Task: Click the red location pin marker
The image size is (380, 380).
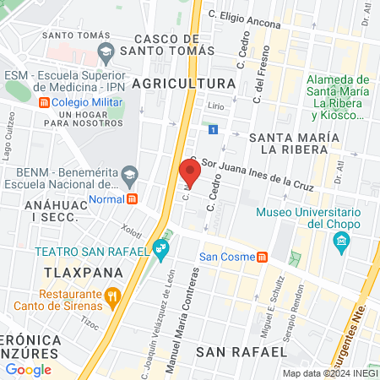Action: [x=191, y=173]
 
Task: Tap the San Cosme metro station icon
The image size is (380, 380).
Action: [x=263, y=257]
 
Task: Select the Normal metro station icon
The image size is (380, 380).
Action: [x=132, y=199]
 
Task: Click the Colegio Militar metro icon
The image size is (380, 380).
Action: [x=44, y=103]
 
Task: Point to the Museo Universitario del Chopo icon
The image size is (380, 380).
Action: [x=342, y=244]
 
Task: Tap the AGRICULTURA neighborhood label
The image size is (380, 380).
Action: [x=183, y=84]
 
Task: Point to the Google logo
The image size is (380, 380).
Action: [x=29, y=370]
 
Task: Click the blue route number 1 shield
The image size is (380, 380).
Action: [x=214, y=129]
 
